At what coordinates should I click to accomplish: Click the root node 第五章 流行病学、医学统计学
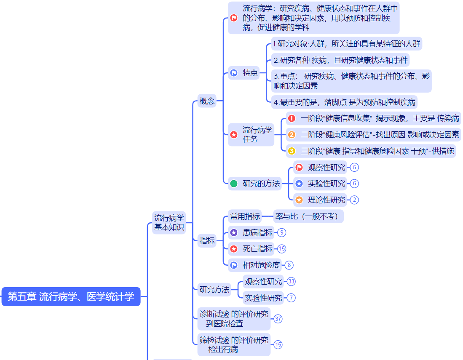tap(71, 296)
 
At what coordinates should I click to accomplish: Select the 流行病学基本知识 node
tap(169, 223)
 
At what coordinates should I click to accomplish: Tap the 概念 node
tap(207, 101)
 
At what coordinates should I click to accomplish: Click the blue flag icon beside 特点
tap(234, 73)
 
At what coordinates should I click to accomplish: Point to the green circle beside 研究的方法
tap(234, 184)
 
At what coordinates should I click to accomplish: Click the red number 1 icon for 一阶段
tap(292, 118)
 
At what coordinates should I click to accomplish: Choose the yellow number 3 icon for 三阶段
tap(292, 151)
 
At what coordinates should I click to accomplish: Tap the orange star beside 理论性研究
tap(299, 200)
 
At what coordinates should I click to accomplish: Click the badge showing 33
tap(291, 281)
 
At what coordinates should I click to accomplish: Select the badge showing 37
tap(278, 319)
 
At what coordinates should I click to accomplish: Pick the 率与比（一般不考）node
tap(308, 216)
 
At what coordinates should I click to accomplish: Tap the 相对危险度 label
tap(261, 265)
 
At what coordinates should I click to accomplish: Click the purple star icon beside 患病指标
tap(234, 232)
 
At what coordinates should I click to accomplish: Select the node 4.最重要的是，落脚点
tap(344, 102)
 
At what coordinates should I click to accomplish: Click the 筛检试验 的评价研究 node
tap(234, 344)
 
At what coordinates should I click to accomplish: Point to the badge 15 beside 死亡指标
tap(282, 249)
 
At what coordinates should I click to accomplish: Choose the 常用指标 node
tap(245, 216)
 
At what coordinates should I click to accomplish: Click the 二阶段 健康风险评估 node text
tap(379, 135)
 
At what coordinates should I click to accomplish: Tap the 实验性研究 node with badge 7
tap(263, 298)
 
